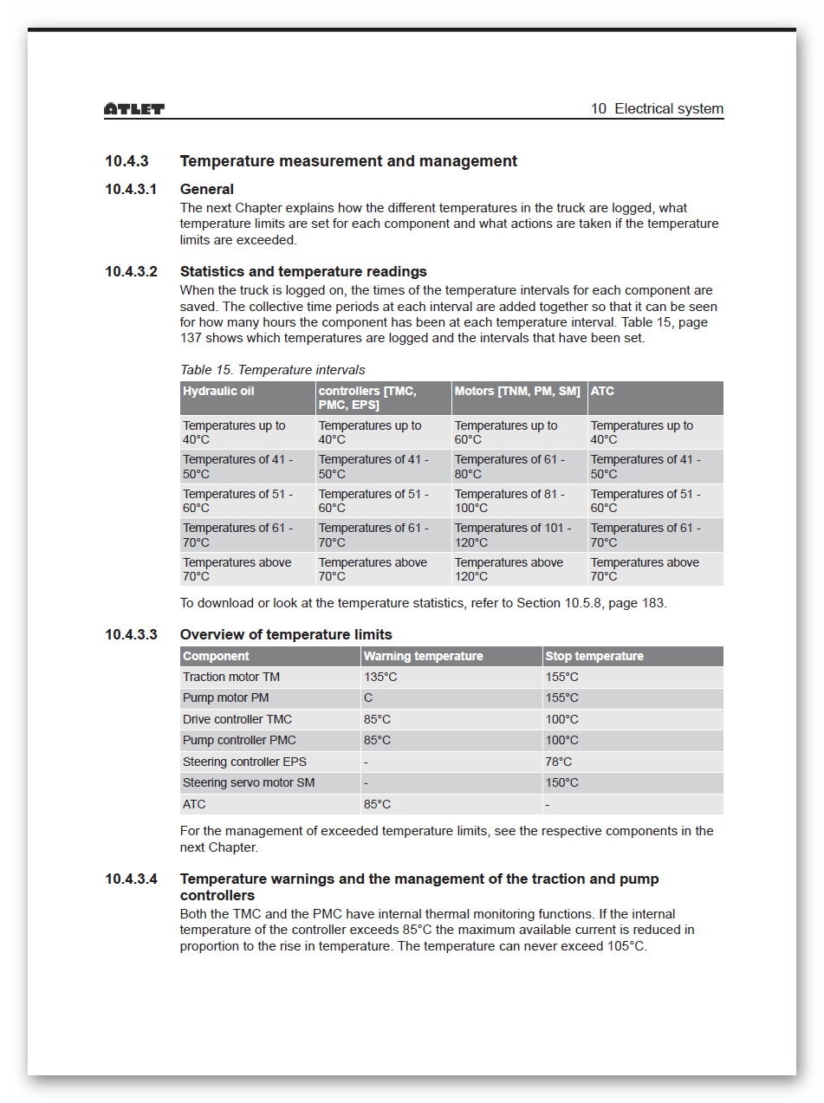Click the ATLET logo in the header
tap(134, 109)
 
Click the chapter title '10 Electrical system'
tap(657, 109)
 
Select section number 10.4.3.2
tap(132, 271)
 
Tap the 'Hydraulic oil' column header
tap(218, 392)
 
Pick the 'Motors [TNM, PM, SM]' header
tap(517, 392)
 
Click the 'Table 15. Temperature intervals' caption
tap(272, 370)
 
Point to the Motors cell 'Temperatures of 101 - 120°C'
tap(513, 535)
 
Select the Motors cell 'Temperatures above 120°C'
tap(509, 569)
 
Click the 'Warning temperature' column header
tap(423, 656)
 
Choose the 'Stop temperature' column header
tap(594, 656)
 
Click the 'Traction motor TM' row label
tap(231, 677)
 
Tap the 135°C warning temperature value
tap(380, 677)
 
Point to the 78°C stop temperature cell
tap(559, 762)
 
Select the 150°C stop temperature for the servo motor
tap(561, 782)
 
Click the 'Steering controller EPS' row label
tap(244, 762)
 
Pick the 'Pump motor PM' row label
tap(225, 697)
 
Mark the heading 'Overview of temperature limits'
tap(286, 634)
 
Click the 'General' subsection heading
tap(207, 189)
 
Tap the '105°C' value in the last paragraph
tap(626, 946)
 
